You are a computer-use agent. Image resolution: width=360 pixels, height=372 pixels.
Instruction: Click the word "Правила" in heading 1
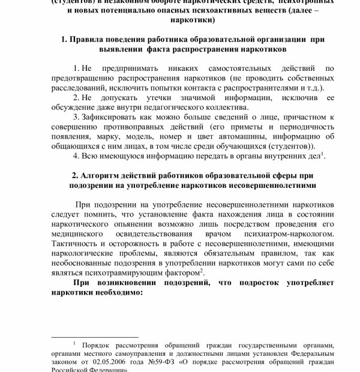tap(92, 39)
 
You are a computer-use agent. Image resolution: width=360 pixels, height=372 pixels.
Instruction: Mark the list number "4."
tap(77, 156)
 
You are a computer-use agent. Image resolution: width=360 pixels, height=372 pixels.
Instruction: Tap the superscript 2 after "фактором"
tap(202, 270)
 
